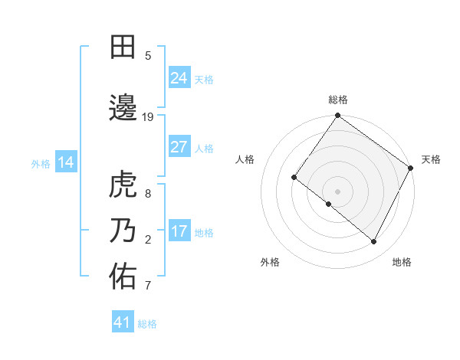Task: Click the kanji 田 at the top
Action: [x=123, y=47]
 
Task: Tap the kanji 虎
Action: [x=123, y=185]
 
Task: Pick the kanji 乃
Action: [x=123, y=231]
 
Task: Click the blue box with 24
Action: [x=179, y=78]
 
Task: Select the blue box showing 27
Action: [x=179, y=147]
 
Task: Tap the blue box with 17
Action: [x=179, y=231]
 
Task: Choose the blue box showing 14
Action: [x=66, y=162]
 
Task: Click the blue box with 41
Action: [x=123, y=322]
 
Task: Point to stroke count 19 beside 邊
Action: [x=148, y=116]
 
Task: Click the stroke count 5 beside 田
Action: [x=148, y=55]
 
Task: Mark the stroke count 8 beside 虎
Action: [x=148, y=193]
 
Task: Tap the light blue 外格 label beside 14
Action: [x=40, y=163]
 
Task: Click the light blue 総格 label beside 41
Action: [x=147, y=324]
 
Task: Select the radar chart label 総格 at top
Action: [x=337, y=100]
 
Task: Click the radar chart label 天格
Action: [x=431, y=159]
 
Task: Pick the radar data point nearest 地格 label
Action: [x=374, y=242]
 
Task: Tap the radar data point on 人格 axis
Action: [x=294, y=177]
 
